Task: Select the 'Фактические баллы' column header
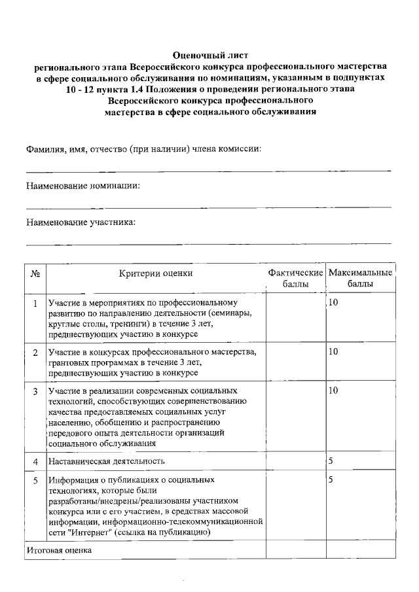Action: [x=295, y=278]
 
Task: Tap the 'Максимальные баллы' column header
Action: [x=361, y=278]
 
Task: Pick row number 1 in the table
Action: [x=35, y=304]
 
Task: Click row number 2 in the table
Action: [x=35, y=353]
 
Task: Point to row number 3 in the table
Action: [x=35, y=391]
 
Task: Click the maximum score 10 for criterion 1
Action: [x=333, y=303]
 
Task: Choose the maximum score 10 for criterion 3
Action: [x=333, y=391]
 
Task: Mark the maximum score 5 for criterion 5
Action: [x=331, y=480]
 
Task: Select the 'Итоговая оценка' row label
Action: [x=59, y=550]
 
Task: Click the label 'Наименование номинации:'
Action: [x=83, y=186]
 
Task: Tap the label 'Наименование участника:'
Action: [x=81, y=222]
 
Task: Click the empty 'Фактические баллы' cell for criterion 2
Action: [x=295, y=361]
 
